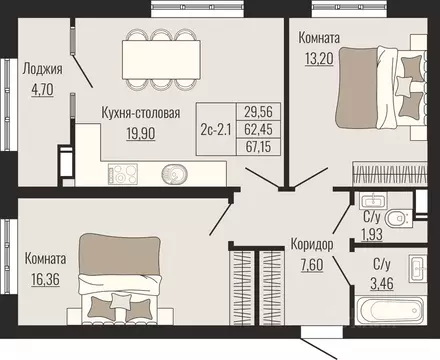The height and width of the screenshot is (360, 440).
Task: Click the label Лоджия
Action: click(x=42, y=69)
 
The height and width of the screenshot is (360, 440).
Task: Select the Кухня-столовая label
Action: click(x=141, y=113)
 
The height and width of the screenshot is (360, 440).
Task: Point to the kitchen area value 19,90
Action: click(x=140, y=131)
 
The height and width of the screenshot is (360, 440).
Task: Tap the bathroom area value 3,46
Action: click(x=382, y=282)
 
